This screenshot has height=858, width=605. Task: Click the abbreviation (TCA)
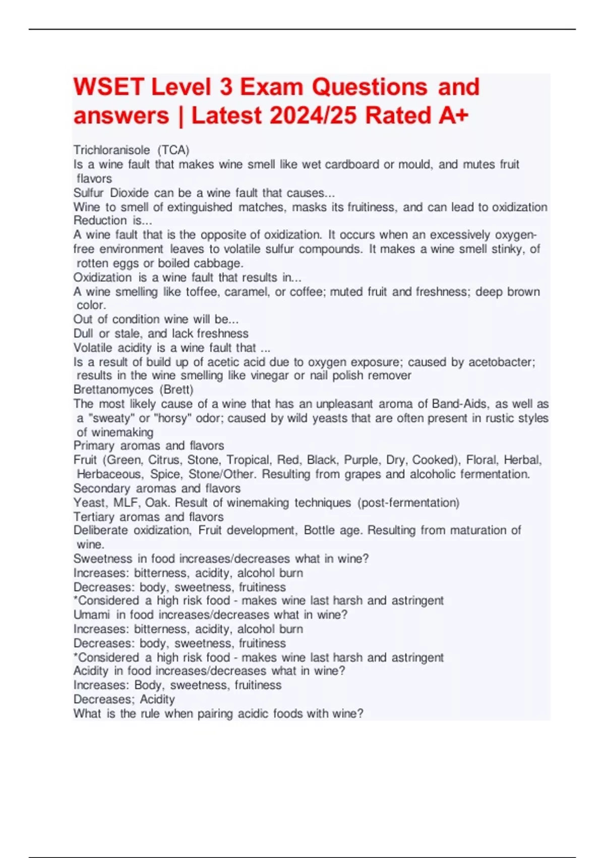tap(173, 150)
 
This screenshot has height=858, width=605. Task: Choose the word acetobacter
tap(501, 362)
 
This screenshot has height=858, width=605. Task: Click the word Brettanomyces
tap(113, 390)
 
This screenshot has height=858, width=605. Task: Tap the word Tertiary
tap(94, 517)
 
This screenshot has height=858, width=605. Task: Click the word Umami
tap(91, 615)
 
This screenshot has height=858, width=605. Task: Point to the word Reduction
tap(100, 221)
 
